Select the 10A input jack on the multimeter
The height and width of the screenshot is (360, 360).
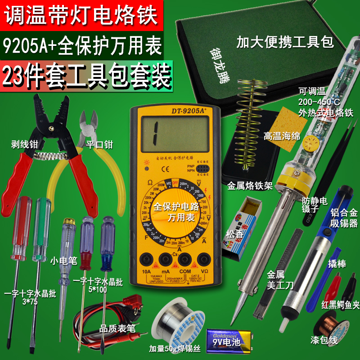146,260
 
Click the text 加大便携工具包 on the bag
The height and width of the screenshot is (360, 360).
285,43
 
